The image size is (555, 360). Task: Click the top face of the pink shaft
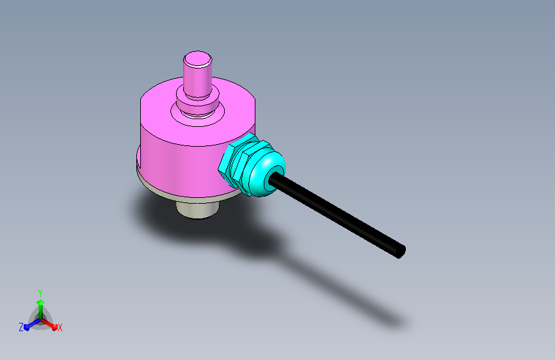click(x=198, y=59)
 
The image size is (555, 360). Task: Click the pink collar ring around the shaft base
click(x=198, y=102)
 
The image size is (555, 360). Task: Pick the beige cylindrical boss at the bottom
click(x=198, y=209)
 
